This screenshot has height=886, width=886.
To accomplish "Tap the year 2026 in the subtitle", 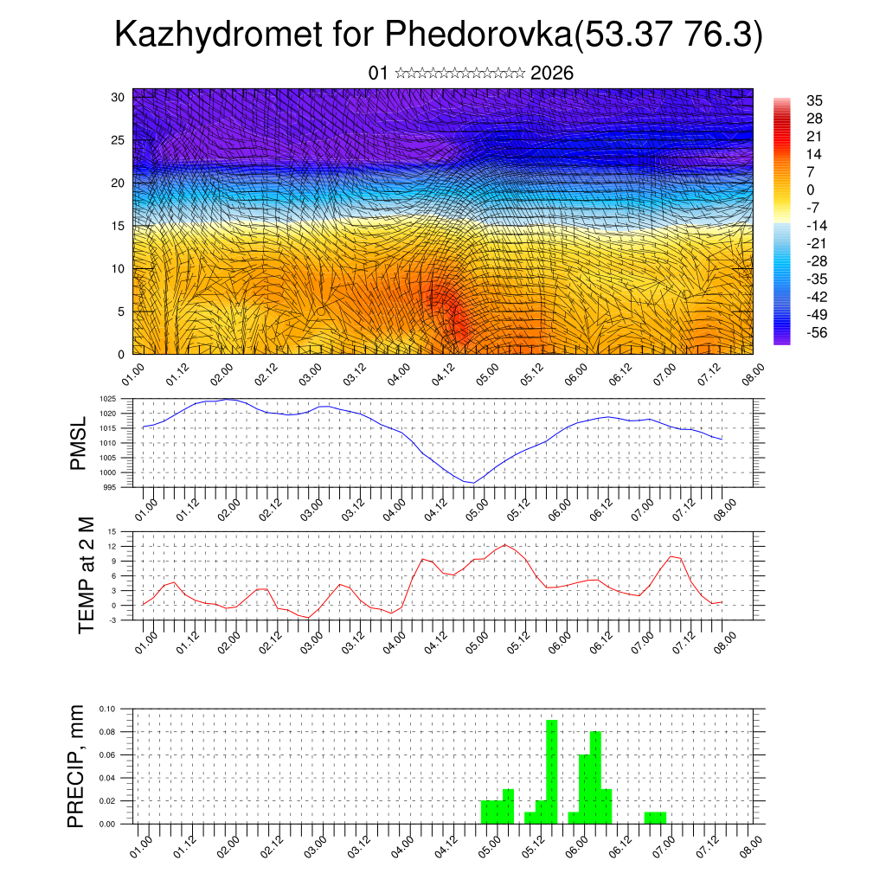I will pyautogui.click(x=552, y=73).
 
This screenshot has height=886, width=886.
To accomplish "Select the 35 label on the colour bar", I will pyautogui.click(x=813, y=100).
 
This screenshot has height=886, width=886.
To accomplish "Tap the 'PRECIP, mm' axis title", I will pyautogui.click(x=78, y=766).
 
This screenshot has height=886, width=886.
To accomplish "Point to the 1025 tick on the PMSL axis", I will pyautogui.click(x=107, y=399).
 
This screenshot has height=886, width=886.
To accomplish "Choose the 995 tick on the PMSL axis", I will pyautogui.click(x=109, y=488).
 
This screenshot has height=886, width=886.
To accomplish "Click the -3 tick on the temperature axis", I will pyautogui.click(x=112, y=620).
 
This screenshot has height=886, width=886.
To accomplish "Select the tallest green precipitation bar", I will pyautogui.click(x=552, y=770).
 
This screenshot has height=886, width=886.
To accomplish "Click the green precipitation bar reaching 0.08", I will pyautogui.click(x=595, y=777).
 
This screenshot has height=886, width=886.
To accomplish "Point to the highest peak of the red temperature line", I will pyautogui.click(x=504, y=544).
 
